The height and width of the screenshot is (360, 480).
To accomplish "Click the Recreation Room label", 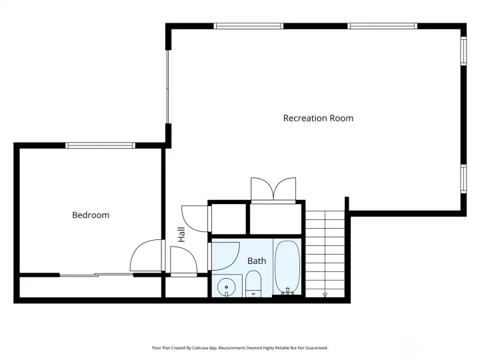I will click(x=318, y=118).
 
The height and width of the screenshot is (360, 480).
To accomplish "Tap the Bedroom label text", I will click(x=91, y=215).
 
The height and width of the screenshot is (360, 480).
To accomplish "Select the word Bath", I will click(x=257, y=261).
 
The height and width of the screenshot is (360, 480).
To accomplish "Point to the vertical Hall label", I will click(x=181, y=234).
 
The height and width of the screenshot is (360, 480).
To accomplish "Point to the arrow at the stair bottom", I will click(x=325, y=294).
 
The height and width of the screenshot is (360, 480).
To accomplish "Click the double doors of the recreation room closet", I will click(x=273, y=188).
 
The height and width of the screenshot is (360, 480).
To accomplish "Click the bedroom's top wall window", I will click(x=101, y=145).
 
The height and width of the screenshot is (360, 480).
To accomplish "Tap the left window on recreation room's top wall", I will click(x=248, y=26).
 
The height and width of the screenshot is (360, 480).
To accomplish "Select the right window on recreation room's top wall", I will click(x=383, y=26).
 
